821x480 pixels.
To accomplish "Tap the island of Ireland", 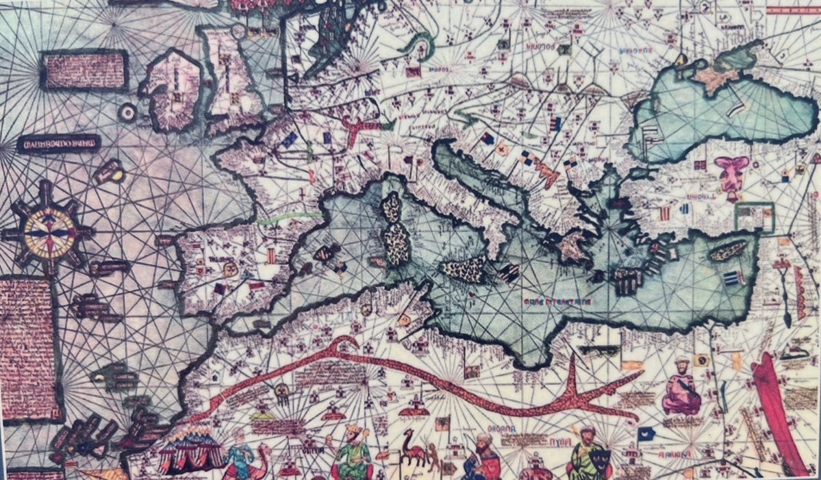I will [171, 93].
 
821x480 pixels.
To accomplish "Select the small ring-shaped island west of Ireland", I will [127, 112].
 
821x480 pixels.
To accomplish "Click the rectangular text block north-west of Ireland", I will [84, 71].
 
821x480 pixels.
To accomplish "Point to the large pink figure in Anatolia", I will [731, 175].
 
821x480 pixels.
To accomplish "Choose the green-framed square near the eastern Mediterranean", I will [753, 218].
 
